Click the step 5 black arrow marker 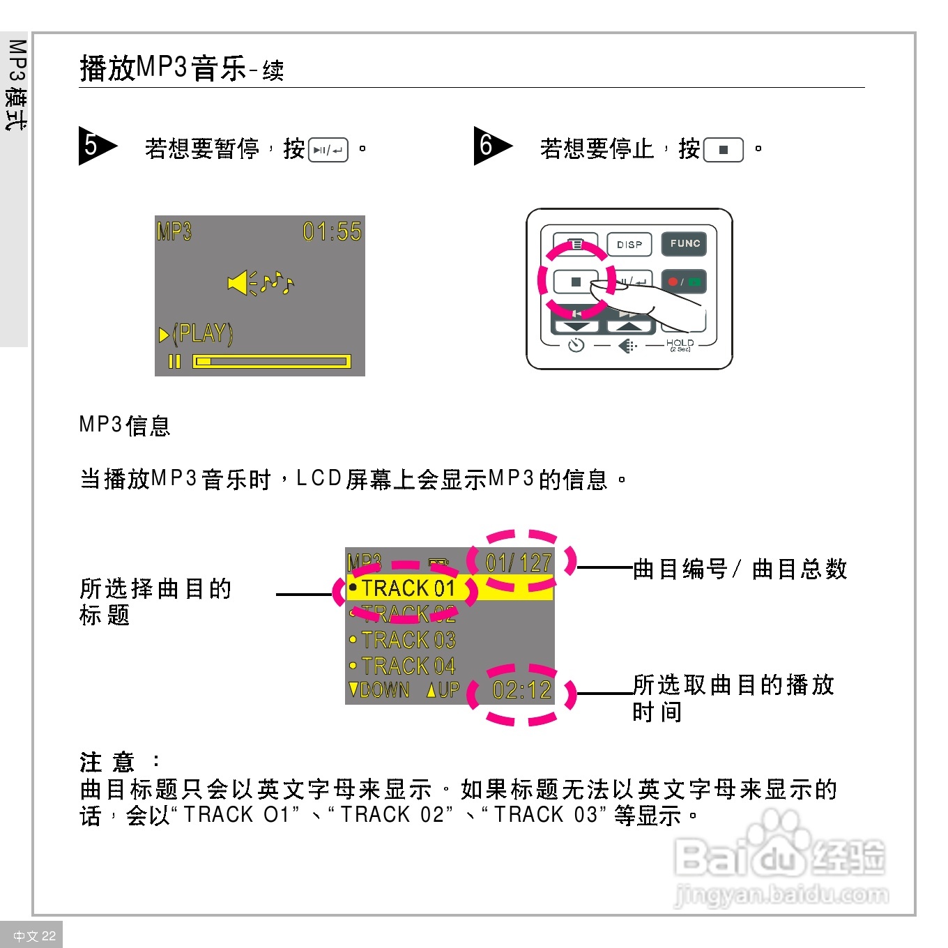click(x=95, y=145)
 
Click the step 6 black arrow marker click(x=491, y=145)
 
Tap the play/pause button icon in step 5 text click(x=328, y=150)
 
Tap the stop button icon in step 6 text click(x=724, y=150)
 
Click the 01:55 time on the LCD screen click(x=332, y=231)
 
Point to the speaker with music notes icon click(x=261, y=282)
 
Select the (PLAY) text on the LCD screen click(x=202, y=334)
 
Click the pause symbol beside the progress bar click(x=174, y=361)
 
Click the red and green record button click(x=684, y=282)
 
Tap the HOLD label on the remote click(x=680, y=343)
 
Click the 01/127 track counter click(x=519, y=563)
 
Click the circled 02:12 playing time click(x=521, y=691)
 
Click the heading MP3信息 click(x=125, y=425)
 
